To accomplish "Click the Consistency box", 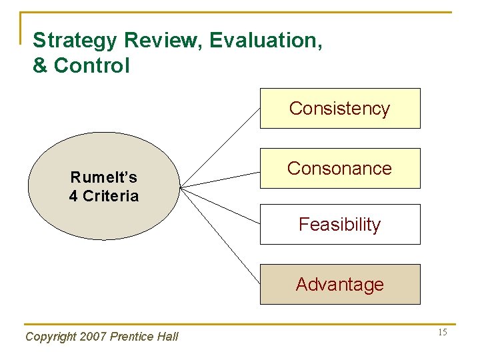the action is (x=340, y=108).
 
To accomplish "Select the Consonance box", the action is (x=340, y=168).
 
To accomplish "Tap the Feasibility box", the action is (x=340, y=224).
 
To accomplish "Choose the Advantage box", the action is (x=340, y=284).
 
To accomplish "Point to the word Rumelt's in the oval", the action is (x=104, y=177).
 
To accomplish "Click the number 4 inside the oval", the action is (x=73, y=196).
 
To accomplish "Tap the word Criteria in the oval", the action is (x=111, y=196).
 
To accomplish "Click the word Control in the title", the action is (x=92, y=66).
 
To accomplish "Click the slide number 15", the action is (x=442, y=333).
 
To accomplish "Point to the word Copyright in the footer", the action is (x=49, y=337).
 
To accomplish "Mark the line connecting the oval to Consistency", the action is (x=220, y=147).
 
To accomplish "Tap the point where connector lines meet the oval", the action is (x=181, y=187).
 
